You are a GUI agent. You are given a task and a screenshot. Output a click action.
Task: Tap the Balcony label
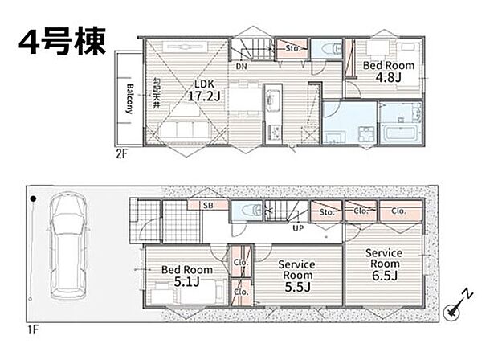tap(129, 99)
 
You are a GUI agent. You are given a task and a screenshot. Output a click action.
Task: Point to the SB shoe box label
tap(208, 207)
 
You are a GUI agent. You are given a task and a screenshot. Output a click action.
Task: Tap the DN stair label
tap(241, 67)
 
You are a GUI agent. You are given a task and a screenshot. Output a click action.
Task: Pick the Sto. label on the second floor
tap(292, 48)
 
